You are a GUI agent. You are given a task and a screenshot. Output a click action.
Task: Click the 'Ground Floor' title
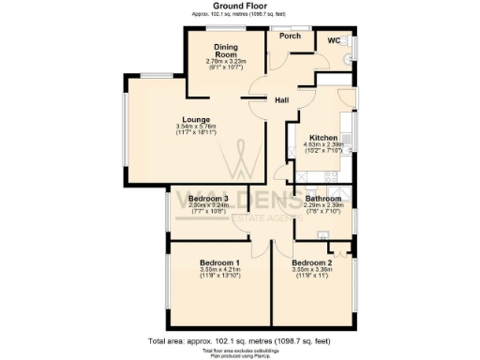click(x=239, y=7)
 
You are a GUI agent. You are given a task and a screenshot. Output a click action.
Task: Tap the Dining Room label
click(x=224, y=50)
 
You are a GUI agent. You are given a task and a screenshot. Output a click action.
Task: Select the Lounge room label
click(x=196, y=119)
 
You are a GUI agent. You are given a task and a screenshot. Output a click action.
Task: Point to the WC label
click(x=334, y=41)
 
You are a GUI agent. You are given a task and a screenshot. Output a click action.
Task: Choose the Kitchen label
click(x=322, y=139)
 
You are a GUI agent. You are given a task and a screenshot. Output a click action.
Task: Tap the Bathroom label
click(x=323, y=199)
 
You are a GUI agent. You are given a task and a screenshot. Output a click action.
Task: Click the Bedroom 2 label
click(x=312, y=262)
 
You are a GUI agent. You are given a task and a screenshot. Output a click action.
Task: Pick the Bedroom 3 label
click(x=209, y=199)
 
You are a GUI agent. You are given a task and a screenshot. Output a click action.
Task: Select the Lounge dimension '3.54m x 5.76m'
click(x=196, y=127)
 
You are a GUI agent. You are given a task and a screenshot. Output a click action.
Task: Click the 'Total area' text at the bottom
click(x=239, y=342)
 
